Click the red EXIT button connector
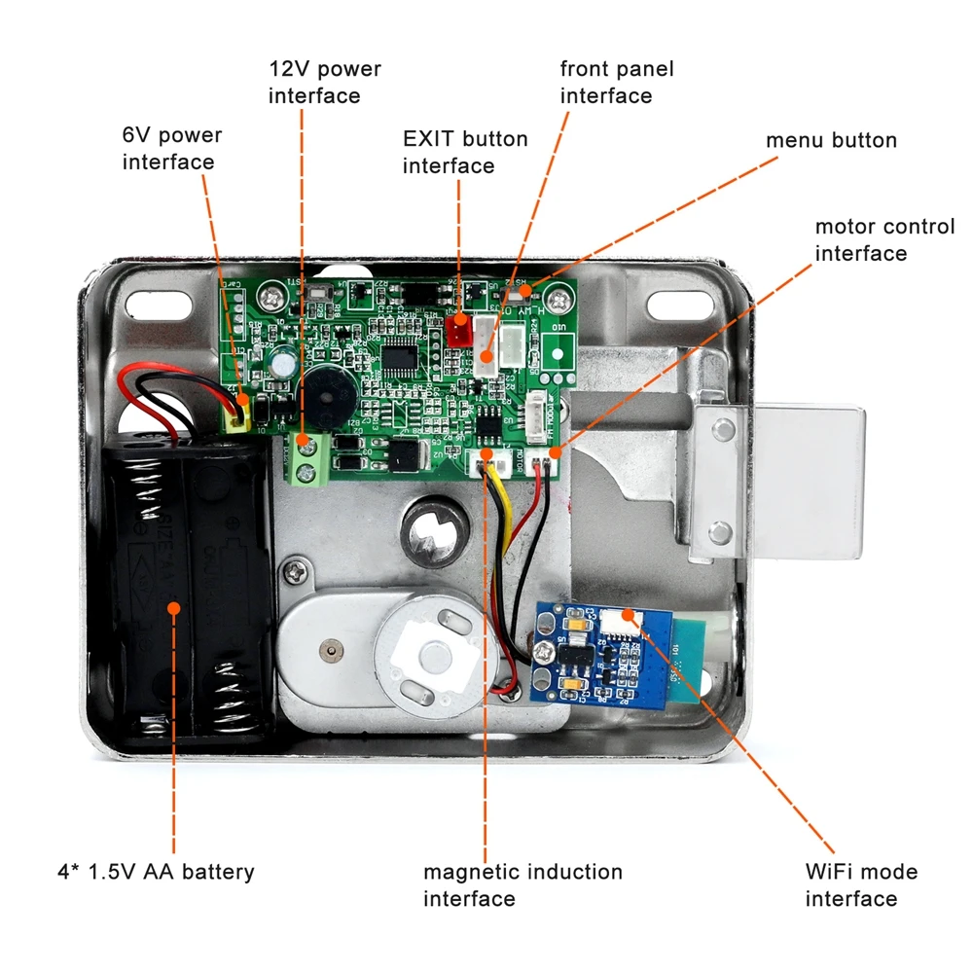(459, 330)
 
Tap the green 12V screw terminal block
(308, 459)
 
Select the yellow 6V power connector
(236, 417)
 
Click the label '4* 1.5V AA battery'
(156, 871)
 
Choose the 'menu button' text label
(831, 140)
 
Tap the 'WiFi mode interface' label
(861, 885)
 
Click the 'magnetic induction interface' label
(523, 885)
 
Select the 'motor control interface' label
(884, 240)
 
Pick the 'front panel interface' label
(617, 83)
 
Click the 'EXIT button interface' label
(465, 153)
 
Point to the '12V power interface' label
(325, 83)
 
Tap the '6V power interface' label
(172, 149)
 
